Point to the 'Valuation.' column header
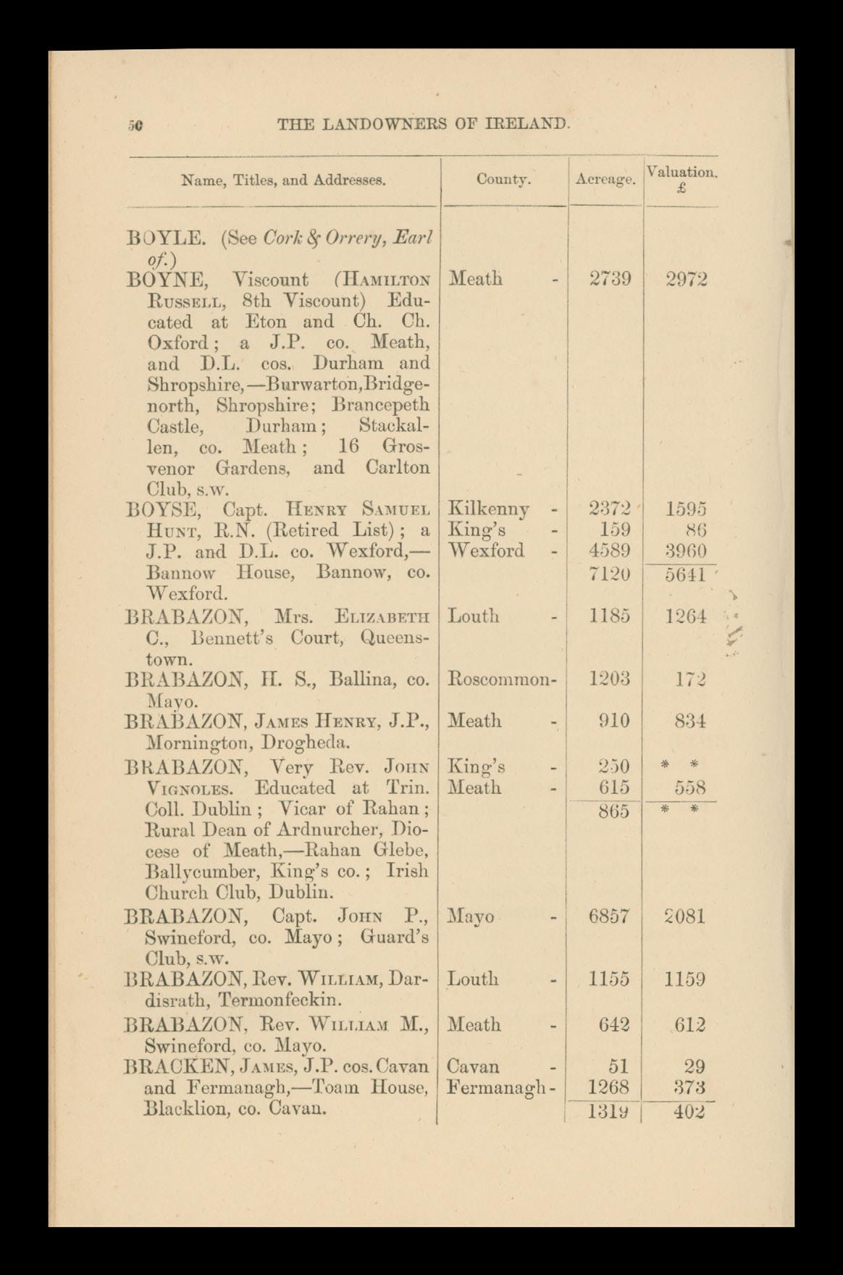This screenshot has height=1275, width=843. (x=681, y=172)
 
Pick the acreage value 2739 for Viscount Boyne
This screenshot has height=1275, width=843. (x=610, y=279)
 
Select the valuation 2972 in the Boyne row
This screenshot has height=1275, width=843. (x=686, y=279)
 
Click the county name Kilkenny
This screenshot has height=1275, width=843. (x=489, y=509)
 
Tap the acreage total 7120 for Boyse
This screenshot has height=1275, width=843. (x=610, y=574)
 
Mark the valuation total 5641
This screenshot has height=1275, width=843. (x=685, y=574)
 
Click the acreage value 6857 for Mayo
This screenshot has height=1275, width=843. (x=609, y=916)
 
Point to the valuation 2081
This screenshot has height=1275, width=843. (x=685, y=916)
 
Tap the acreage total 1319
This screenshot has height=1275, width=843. (x=610, y=1111)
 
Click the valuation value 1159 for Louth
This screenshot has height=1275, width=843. (x=685, y=979)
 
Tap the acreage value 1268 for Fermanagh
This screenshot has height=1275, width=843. (x=610, y=1087)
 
